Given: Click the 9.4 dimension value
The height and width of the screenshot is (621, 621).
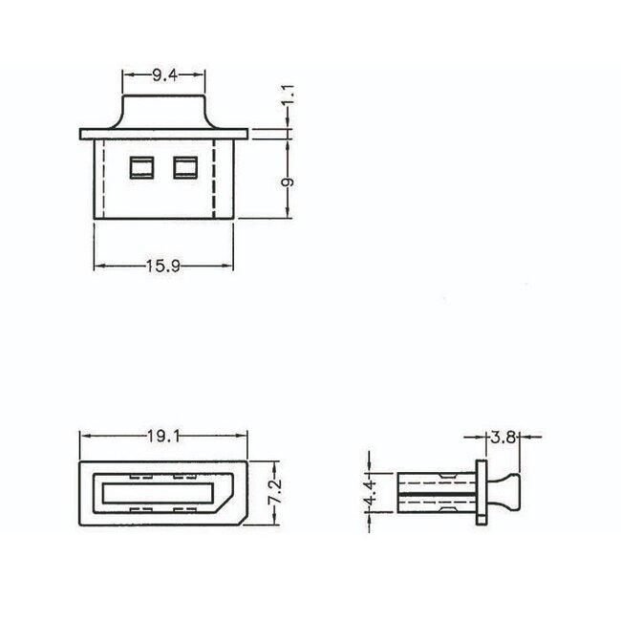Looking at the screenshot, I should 163,74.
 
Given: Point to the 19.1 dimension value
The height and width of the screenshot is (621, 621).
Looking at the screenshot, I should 162,437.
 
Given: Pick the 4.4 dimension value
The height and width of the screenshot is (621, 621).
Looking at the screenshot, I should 375,493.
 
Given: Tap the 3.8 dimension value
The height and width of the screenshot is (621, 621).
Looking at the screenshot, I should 503,439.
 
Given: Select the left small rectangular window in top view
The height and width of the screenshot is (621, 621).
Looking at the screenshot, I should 140,168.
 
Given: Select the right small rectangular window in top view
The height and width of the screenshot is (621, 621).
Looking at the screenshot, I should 183,168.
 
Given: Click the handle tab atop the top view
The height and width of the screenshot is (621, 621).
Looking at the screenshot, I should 163,111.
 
